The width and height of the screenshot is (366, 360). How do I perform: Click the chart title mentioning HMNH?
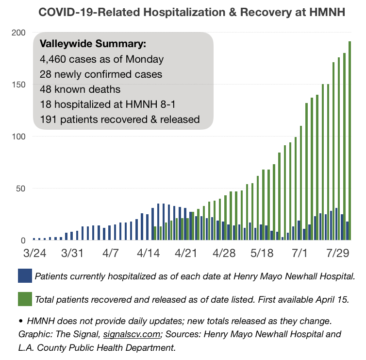tap(192, 12)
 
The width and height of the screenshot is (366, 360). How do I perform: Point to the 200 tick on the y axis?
tap(18, 33)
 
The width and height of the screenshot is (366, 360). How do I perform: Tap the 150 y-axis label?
tap(18, 85)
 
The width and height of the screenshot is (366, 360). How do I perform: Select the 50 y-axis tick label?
tap(20, 189)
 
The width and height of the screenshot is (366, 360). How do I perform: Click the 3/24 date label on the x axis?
tap(35, 253)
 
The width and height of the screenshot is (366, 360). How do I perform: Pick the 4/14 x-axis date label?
tap(148, 253)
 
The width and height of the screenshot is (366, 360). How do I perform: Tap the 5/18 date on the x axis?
tap(262, 253)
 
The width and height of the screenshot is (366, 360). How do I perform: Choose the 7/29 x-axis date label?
tap(337, 253)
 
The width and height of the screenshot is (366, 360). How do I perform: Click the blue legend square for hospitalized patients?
tap(25, 275)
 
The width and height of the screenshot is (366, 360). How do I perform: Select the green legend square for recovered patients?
tap(25, 299)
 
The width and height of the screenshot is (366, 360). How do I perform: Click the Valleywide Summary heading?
tap(93, 44)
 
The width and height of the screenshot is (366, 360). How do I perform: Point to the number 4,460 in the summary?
tap(53, 60)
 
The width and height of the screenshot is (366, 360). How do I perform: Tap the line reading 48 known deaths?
tap(80, 89)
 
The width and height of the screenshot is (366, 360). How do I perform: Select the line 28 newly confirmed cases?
tap(101, 74)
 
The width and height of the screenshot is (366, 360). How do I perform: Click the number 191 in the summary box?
tap(48, 120)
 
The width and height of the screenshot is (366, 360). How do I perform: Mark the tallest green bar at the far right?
tap(349, 140)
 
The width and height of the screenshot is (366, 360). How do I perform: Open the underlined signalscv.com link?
tap(132, 334)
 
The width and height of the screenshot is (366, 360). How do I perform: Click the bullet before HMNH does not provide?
tap(21, 321)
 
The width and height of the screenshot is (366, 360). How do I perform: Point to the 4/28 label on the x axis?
tap(224, 253)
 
